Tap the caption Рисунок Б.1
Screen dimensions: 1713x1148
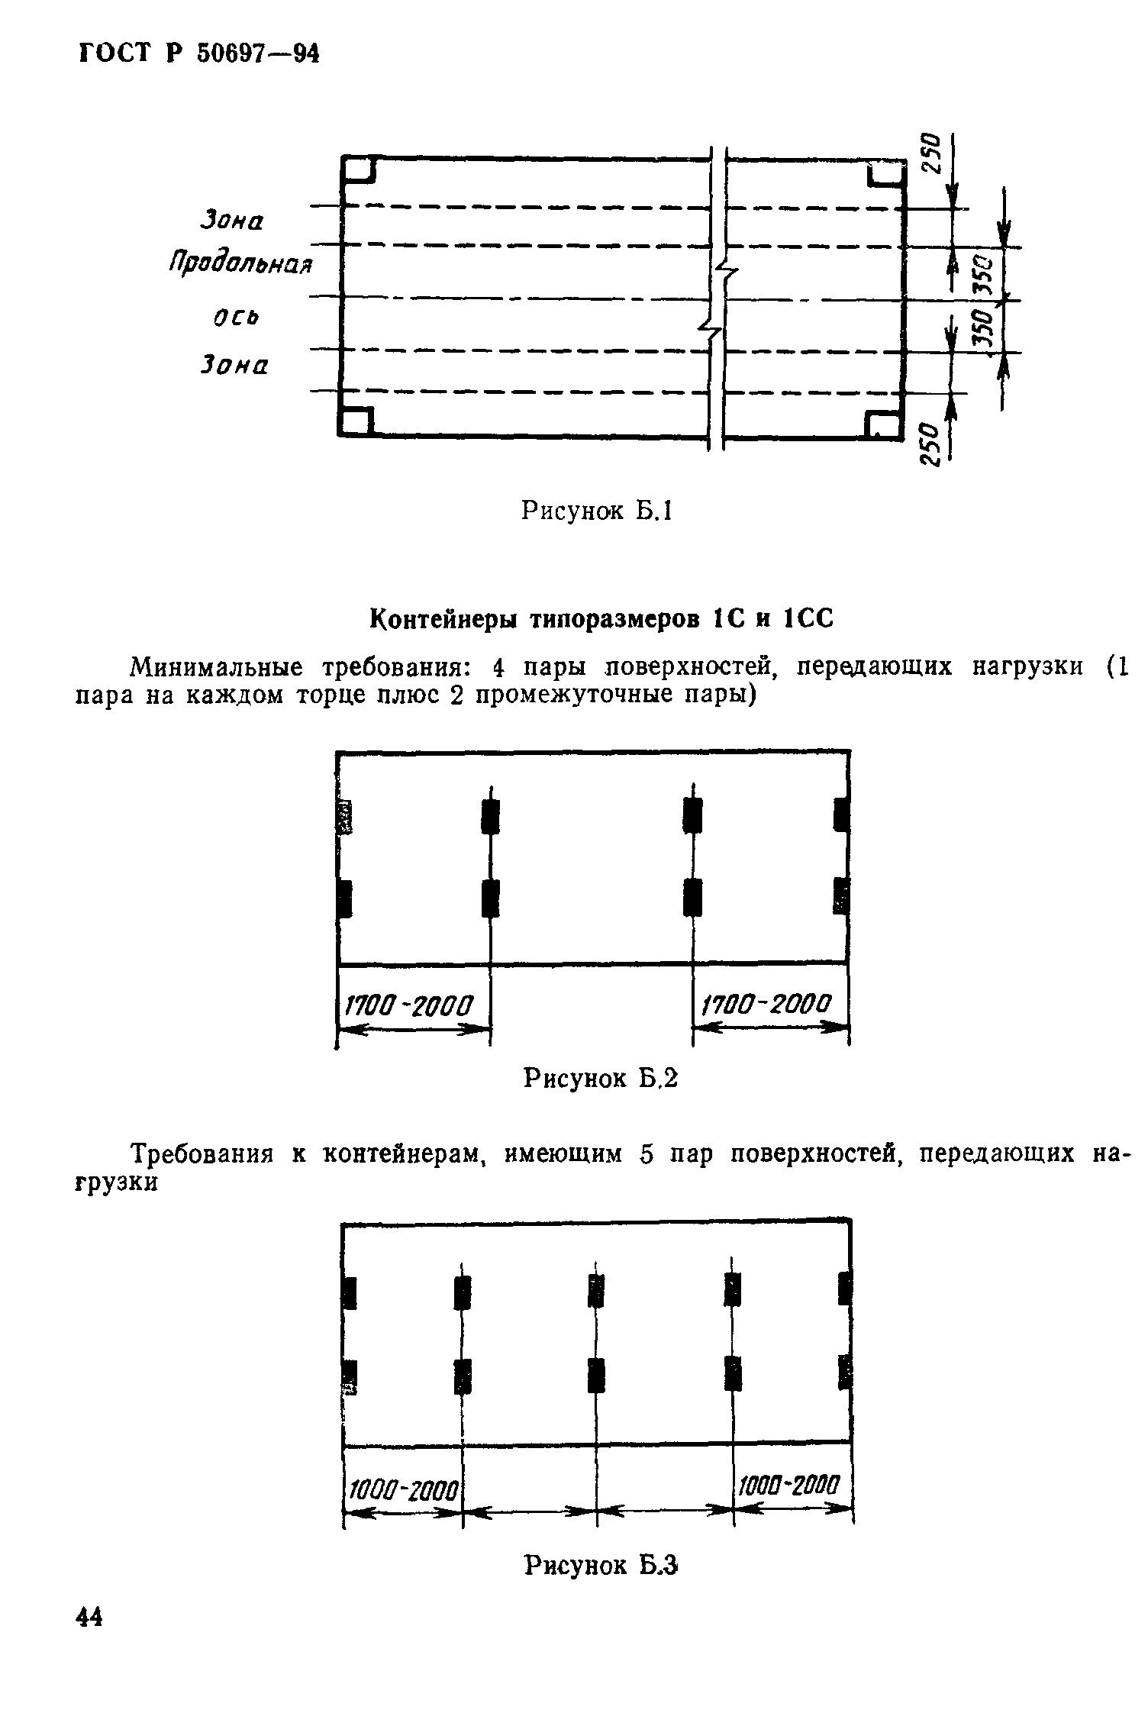[595, 511]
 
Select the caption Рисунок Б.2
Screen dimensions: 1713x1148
[600, 1078]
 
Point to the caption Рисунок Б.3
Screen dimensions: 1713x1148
[601, 1566]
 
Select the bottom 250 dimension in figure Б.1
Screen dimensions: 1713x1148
[928, 443]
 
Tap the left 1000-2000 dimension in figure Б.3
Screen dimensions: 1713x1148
[402, 1489]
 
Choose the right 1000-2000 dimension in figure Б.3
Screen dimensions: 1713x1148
[789, 1486]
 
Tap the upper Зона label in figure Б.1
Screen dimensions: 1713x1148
[231, 221]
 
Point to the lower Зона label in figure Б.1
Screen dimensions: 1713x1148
[234, 366]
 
